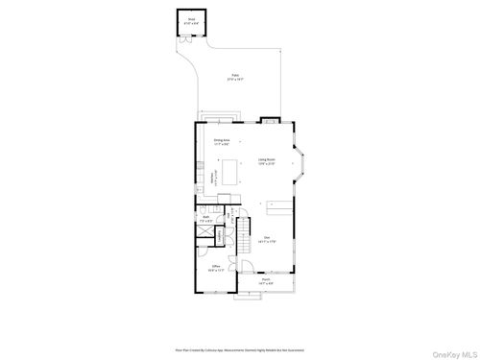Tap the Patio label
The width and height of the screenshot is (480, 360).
point(235,77)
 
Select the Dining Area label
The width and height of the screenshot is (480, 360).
point(221,141)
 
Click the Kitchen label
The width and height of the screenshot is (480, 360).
point(212,176)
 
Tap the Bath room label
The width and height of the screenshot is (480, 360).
point(205,219)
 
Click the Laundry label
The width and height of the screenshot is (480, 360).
point(220,234)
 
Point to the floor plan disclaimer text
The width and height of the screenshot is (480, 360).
point(239,324)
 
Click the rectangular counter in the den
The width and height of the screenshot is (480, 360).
point(278,206)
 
